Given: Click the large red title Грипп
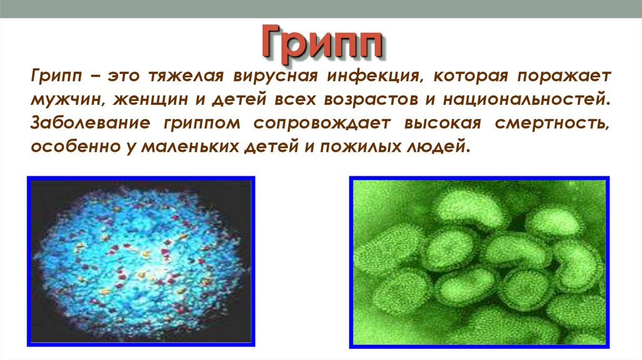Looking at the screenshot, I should [320, 43].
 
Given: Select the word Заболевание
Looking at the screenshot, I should [88, 124].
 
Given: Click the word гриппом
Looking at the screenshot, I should [202, 124].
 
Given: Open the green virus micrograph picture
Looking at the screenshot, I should [480, 262].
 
